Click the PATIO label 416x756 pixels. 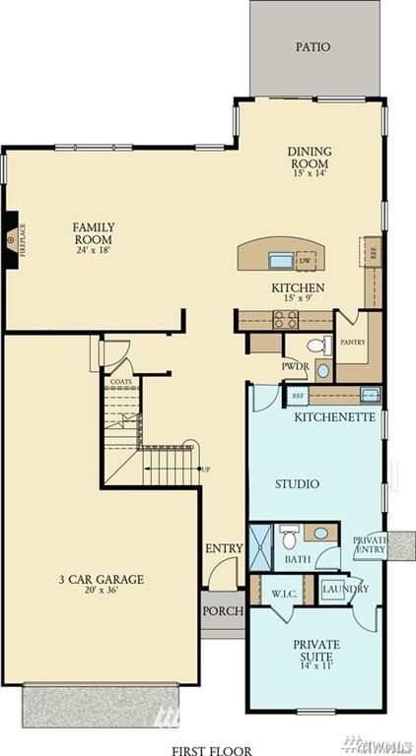(x=313, y=46)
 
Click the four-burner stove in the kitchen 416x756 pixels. (x=285, y=319)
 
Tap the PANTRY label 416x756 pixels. (x=353, y=343)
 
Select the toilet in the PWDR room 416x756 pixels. (x=316, y=346)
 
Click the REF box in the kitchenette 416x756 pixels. (x=297, y=395)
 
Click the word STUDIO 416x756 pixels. (x=295, y=484)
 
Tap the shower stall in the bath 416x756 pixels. (x=261, y=544)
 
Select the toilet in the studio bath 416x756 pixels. (x=289, y=538)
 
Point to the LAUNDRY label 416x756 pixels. (x=344, y=589)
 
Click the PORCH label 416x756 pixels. (x=223, y=611)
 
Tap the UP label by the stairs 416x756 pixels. (x=205, y=468)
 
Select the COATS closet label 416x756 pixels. (x=120, y=380)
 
